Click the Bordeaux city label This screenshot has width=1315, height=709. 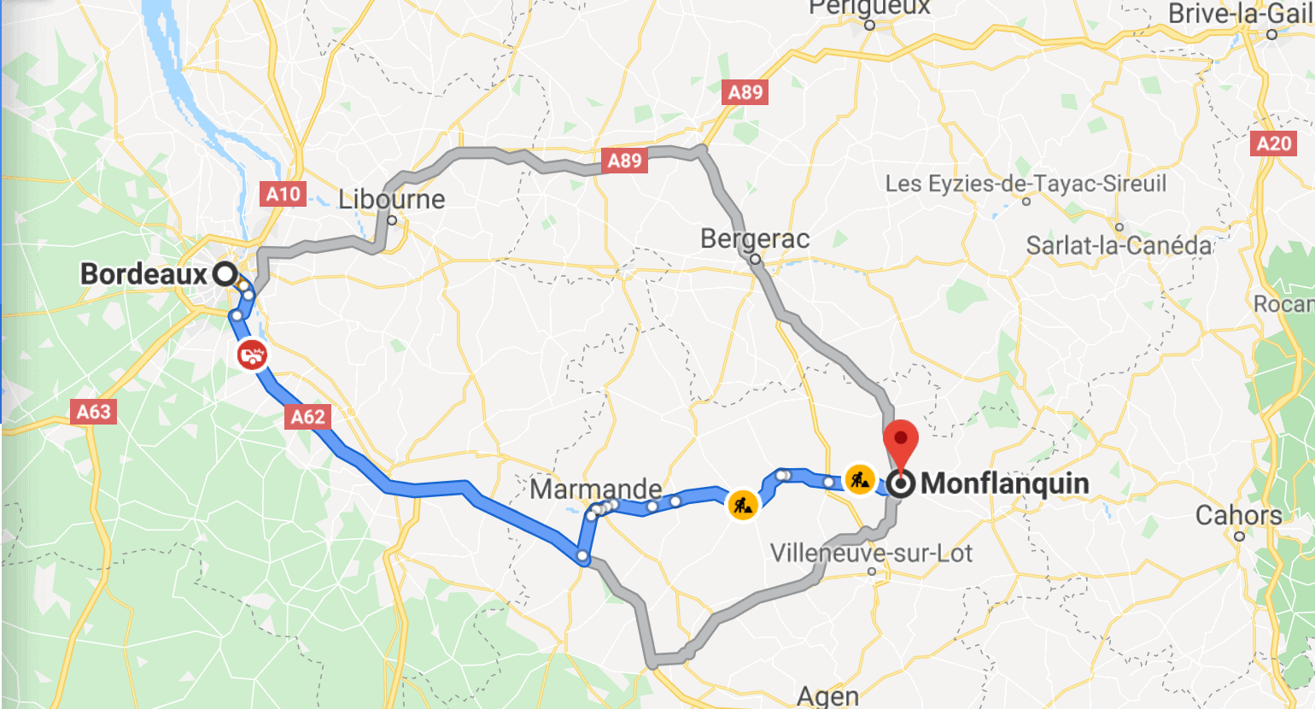(143, 274)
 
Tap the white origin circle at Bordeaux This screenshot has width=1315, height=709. (225, 274)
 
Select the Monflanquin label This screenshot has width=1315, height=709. (1005, 483)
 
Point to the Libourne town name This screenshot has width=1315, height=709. (392, 200)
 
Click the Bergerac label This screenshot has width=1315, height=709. (755, 238)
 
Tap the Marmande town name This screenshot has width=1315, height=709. (595, 489)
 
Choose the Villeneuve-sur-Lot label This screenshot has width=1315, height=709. (871, 554)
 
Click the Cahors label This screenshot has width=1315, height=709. (1238, 516)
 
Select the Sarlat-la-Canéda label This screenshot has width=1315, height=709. (1119, 246)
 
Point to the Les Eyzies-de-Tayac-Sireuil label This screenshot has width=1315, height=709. (1026, 184)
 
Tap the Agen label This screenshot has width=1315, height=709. (827, 696)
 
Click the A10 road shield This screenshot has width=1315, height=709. (283, 194)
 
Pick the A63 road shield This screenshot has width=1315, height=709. (94, 412)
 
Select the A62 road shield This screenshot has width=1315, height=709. (308, 417)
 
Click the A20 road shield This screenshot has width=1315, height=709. (1274, 144)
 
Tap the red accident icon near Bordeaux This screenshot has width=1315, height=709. (253, 354)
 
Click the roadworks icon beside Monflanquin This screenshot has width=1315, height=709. (859, 479)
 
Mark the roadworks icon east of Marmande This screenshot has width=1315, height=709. (743, 504)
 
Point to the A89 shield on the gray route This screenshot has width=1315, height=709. (624, 161)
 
